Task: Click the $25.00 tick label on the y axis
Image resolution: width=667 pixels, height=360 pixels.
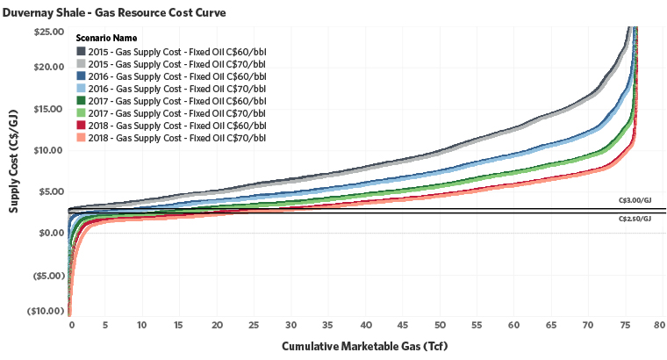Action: (48, 32)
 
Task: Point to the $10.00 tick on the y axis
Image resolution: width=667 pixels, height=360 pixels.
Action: (48, 150)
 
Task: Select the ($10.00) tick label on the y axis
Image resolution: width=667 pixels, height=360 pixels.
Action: (46, 311)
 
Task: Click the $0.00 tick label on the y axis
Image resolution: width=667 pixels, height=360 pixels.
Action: (50, 233)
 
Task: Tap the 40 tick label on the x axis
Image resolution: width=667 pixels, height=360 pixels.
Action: (367, 325)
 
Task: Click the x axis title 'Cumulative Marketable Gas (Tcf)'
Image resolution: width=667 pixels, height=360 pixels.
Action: (364, 346)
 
